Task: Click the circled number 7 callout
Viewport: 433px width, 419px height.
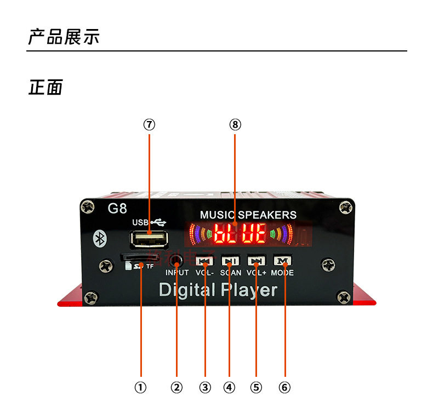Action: point(149,124)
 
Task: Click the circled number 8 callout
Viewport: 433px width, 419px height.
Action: point(235,124)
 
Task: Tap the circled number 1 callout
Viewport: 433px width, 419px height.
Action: point(141,387)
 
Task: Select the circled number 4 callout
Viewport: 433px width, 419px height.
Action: point(229,387)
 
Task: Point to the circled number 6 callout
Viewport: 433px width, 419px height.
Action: point(284,387)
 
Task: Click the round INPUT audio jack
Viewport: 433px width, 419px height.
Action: point(176,260)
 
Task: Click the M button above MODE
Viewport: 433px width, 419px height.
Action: point(283,261)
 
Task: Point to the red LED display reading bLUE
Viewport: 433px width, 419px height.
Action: point(240,234)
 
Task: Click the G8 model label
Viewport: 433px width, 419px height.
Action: point(117,209)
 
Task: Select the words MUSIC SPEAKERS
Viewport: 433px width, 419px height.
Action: point(248,215)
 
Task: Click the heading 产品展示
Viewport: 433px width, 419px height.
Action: point(64,38)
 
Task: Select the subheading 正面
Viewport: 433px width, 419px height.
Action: point(45,87)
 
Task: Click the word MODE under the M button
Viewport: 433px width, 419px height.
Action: point(282,272)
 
